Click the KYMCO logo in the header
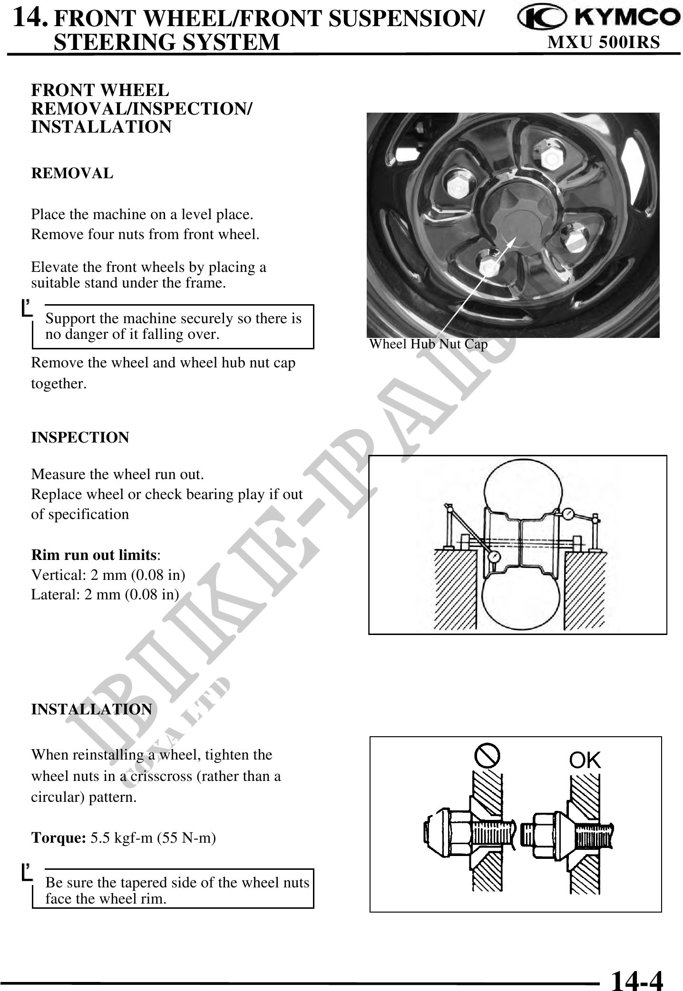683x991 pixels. tap(598, 18)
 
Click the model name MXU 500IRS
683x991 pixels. tap(604, 43)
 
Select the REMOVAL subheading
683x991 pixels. tap(72, 173)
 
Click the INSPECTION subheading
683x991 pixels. tap(80, 437)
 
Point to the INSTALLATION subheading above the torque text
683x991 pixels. tap(91, 709)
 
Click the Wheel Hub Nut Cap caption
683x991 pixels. tap(429, 344)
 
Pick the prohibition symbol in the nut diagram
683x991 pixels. tap(487, 755)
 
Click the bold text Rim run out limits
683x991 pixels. tap(94, 555)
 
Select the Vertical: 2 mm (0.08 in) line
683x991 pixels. tap(108, 575)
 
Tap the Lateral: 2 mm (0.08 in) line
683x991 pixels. tap(105, 595)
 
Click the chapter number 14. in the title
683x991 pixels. tap(30, 18)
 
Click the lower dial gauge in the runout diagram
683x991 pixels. tap(495, 556)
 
